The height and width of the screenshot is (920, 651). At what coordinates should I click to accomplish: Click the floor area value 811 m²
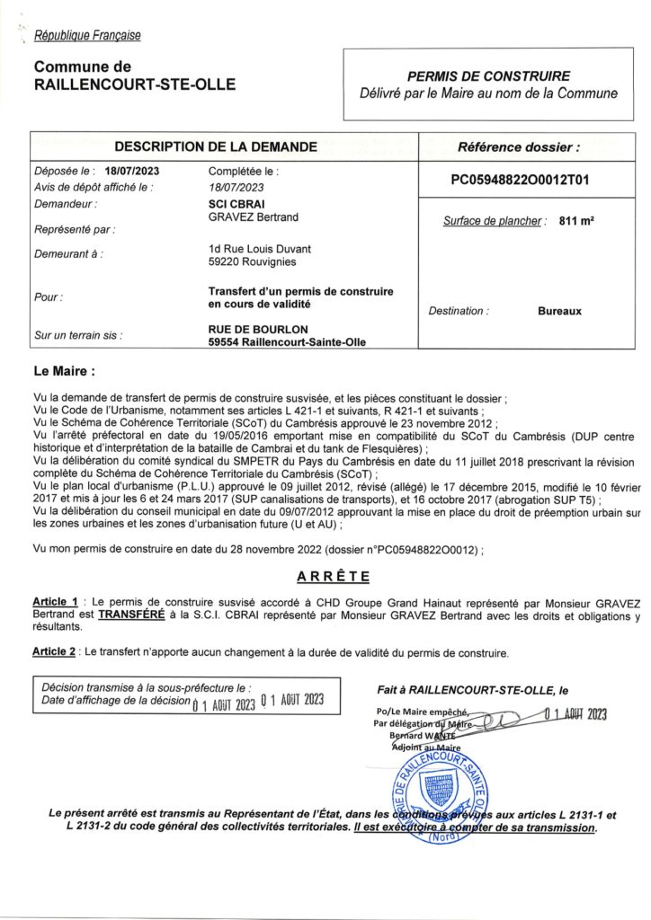click(x=575, y=221)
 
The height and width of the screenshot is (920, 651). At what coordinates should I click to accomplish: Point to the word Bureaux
click(x=559, y=311)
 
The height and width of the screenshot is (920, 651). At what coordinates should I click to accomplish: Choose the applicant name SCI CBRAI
click(x=236, y=205)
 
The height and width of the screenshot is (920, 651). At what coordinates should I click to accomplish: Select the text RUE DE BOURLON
click(x=257, y=329)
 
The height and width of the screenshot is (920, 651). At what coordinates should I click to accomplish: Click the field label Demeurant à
click(x=67, y=254)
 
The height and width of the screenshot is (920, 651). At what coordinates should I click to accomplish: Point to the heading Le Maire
click(x=64, y=369)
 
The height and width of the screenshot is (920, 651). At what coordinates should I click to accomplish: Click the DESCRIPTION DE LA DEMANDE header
click(x=215, y=146)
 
